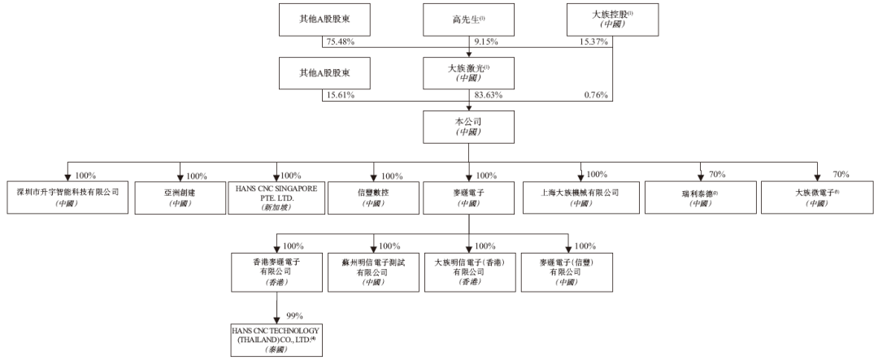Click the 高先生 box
click(469, 20)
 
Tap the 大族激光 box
click(469, 73)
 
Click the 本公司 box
click(469, 127)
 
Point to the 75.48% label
click(341, 42)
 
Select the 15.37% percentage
click(594, 42)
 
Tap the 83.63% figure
click(489, 95)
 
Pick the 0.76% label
click(596, 95)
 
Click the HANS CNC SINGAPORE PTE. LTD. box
click(276, 197)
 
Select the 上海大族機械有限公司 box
click(581, 197)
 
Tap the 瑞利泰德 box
click(701, 197)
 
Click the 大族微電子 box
click(817, 197)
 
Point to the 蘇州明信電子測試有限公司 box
click(373, 272)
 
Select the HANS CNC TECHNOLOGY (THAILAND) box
click(276, 340)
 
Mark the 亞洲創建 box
click(180, 197)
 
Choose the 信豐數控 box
click(373, 197)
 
